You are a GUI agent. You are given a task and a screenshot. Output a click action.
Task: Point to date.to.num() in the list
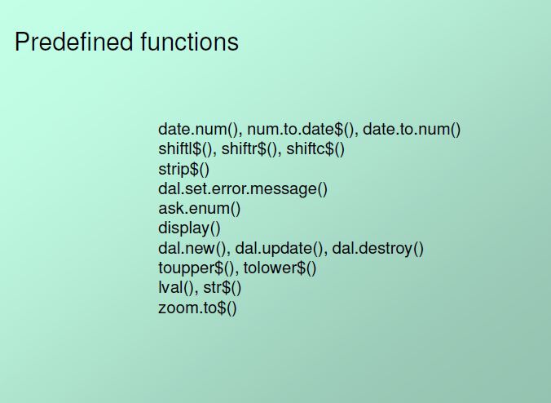pos(412,130)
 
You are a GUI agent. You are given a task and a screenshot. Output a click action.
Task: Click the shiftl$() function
pos(186,149)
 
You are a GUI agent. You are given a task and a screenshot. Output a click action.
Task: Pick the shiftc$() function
pos(315,149)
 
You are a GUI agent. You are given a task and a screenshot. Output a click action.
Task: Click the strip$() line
pos(183,170)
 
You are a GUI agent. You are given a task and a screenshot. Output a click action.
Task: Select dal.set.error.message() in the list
pos(243,189)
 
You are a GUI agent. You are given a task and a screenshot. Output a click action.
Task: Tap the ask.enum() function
pos(200,209)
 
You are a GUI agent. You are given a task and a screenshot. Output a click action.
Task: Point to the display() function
pos(189,228)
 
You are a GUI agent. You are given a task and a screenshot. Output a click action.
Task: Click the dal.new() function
pos(194,248)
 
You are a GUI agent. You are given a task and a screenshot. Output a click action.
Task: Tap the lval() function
pos(176,288)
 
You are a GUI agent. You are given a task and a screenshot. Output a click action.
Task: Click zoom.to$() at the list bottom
pos(197,308)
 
